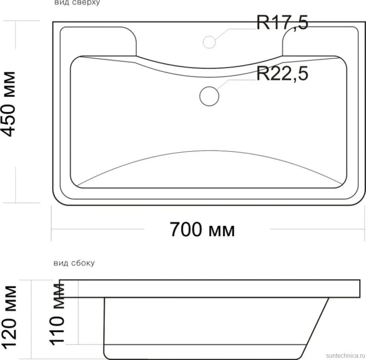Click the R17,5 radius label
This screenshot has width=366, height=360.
pyautogui.click(x=283, y=23)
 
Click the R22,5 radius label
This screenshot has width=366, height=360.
pyautogui.click(x=283, y=73)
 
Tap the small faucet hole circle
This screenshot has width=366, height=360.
pyautogui.click(x=209, y=42)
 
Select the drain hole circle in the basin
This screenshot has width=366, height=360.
pyautogui.click(x=209, y=96)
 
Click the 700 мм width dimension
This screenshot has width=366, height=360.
pyautogui.click(x=202, y=230)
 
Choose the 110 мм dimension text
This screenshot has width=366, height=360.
pyautogui.click(x=57, y=314)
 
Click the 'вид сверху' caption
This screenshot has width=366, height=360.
pyautogui.click(x=77, y=3)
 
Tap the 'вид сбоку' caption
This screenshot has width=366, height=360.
pyautogui.click(x=74, y=263)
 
